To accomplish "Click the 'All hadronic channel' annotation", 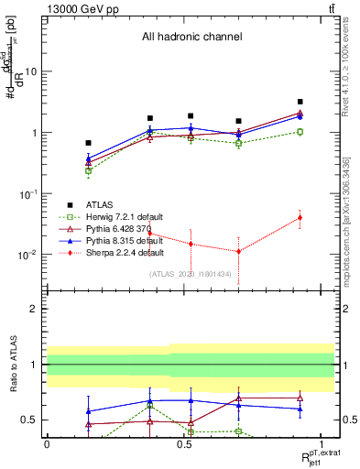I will pyautogui.click(x=191, y=37).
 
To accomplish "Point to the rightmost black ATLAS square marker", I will pyautogui.click(x=300, y=102).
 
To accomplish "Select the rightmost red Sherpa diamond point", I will pyautogui.click(x=300, y=217).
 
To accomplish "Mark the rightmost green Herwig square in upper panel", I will pyautogui.click(x=300, y=132).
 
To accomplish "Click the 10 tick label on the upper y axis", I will pyautogui.click(x=31, y=71).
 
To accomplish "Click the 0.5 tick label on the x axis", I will pyautogui.click(x=184, y=443).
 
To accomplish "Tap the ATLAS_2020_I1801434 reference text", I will pyautogui.click(x=190, y=273).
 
